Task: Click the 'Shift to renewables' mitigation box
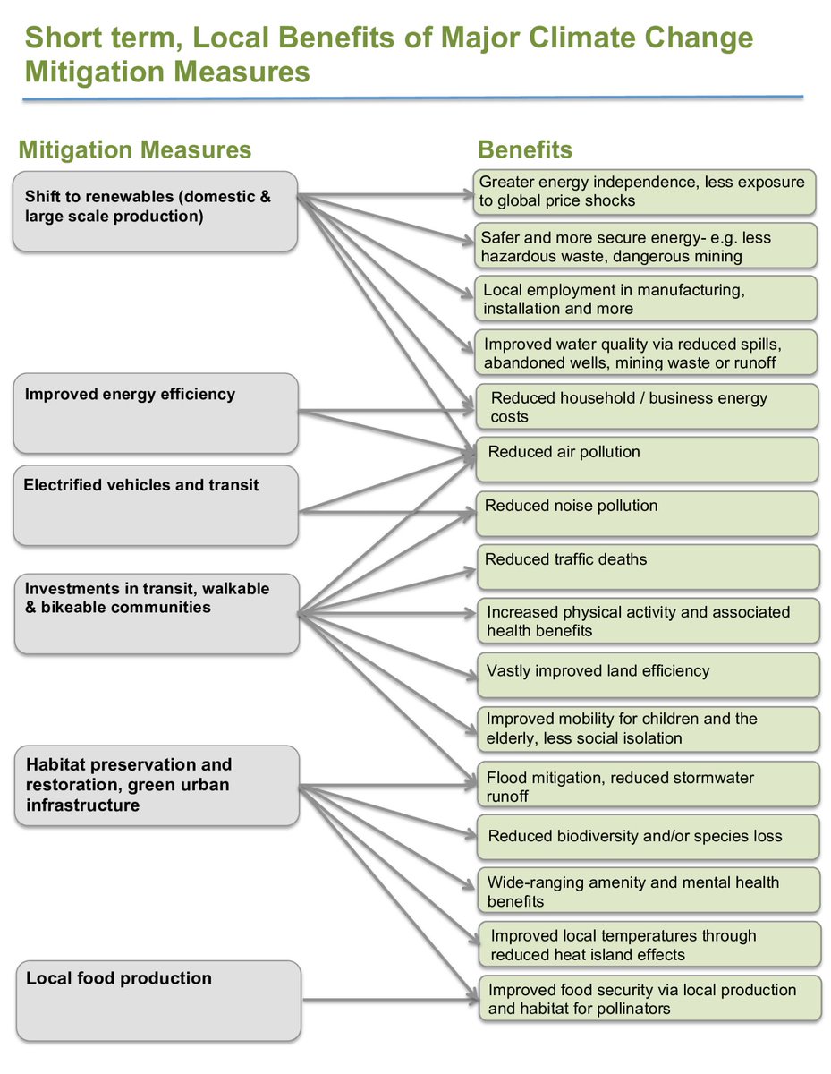[x=155, y=211]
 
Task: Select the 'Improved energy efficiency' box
[x=156, y=413]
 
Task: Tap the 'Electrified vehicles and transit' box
[x=156, y=505]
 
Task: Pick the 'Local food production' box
[x=157, y=1001]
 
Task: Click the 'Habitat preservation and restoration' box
[x=157, y=785]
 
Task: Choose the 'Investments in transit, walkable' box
[x=157, y=613]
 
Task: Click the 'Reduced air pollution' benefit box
[x=646, y=459]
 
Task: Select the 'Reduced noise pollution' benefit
[x=646, y=513]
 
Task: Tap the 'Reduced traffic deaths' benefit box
[x=647, y=567]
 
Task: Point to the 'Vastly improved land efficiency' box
[x=648, y=675]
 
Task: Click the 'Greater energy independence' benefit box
[x=644, y=192]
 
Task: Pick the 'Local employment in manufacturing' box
[x=646, y=298]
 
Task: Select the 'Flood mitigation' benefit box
[x=648, y=784]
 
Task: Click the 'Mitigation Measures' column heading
[x=135, y=149]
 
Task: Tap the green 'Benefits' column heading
[x=525, y=149]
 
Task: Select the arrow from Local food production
[x=385, y=999]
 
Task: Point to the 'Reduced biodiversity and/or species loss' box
[x=648, y=837]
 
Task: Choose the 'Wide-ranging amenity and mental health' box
[x=648, y=891]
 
